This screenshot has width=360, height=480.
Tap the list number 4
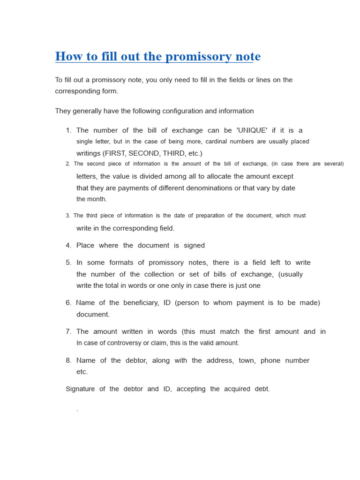[68, 246]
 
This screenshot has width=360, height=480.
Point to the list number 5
[68, 262]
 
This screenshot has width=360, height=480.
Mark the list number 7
[68, 331]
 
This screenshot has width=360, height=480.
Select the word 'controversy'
[123, 343]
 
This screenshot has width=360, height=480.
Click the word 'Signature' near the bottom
[80, 389]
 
